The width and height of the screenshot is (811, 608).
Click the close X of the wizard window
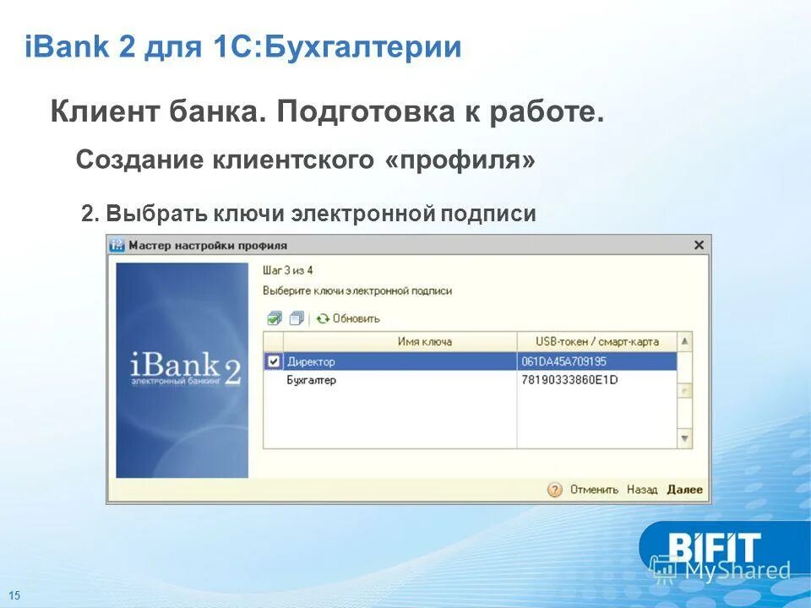[x=699, y=245]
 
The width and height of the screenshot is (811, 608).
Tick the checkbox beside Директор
[x=273, y=361]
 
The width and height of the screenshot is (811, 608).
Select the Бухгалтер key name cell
[x=312, y=380]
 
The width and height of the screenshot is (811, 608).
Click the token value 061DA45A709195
[x=564, y=361]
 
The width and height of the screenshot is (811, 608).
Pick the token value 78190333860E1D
[x=570, y=380]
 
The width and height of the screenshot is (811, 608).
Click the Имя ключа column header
[x=424, y=341]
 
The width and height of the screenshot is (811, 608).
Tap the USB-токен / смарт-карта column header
[x=596, y=341]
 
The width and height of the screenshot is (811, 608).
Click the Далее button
[x=684, y=489]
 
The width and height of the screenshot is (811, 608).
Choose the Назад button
[x=642, y=489]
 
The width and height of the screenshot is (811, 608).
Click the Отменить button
[x=594, y=489]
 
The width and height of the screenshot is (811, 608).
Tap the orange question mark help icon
[x=554, y=490]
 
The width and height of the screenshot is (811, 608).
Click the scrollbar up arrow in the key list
[x=685, y=342]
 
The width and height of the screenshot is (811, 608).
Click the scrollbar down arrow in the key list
[x=685, y=438]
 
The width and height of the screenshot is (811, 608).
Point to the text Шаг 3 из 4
[x=288, y=270]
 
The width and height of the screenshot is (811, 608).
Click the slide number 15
[x=14, y=595]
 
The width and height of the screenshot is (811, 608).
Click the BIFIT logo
[x=715, y=548]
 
